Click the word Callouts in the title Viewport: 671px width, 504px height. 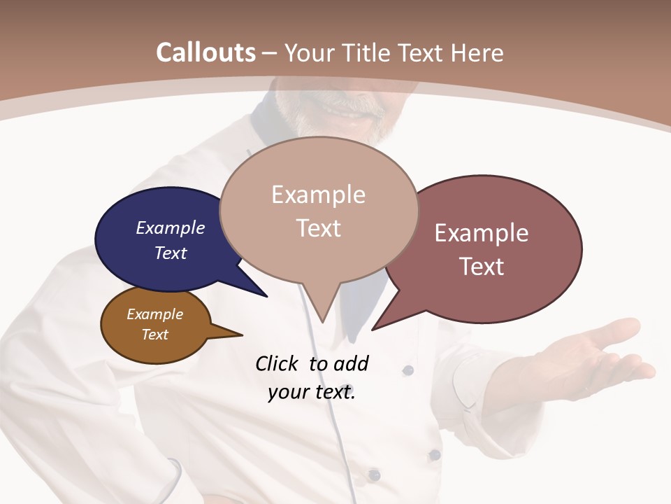coord(205,52)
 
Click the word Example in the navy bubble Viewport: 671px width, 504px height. coord(171,227)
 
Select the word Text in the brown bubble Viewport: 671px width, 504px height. coord(155,335)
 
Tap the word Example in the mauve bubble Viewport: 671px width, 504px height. coord(482,233)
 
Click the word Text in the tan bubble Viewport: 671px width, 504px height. coord(319,228)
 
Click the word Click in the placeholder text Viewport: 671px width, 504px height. coord(277,363)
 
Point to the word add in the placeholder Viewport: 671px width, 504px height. coord(351,363)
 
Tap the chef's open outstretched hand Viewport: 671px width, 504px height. coord(601,353)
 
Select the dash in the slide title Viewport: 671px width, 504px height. coord(270,52)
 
